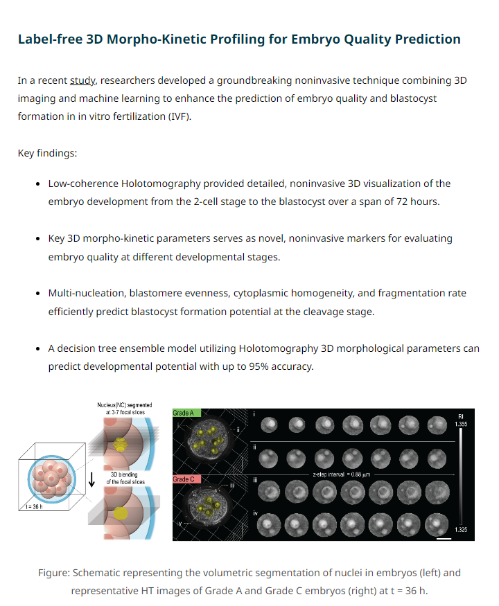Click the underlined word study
(x=82, y=80)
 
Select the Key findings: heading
(x=48, y=153)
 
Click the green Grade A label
(x=186, y=413)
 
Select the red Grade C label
(x=186, y=479)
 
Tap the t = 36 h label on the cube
(x=34, y=507)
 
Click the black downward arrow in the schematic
(x=91, y=479)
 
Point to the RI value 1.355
(x=461, y=424)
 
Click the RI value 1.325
(x=461, y=530)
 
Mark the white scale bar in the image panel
(x=444, y=538)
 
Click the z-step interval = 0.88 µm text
(x=341, y=474)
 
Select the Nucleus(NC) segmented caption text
(x=125, y=405)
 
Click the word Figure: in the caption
(x=54, y=573)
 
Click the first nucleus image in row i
(x=269, y=425)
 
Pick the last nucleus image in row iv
(x=437, y=525)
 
